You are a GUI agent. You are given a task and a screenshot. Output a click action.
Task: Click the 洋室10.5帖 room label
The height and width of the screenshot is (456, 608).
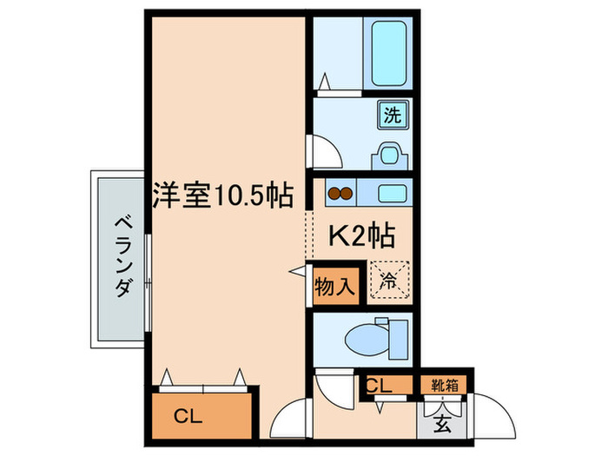tap(222, 195)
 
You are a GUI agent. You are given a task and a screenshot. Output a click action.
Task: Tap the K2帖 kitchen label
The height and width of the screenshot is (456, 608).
tap(361, 235)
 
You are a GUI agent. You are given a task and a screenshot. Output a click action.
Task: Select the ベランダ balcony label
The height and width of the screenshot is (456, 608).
tap(121, 256)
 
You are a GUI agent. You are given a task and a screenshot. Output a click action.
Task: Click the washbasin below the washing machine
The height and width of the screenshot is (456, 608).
tap(388, 156)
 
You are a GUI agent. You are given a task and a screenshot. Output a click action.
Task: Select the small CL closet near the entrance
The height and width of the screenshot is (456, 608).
tap(380, 385)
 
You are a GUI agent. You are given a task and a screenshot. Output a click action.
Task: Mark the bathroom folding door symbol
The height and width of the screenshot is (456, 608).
tap(325, 83)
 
